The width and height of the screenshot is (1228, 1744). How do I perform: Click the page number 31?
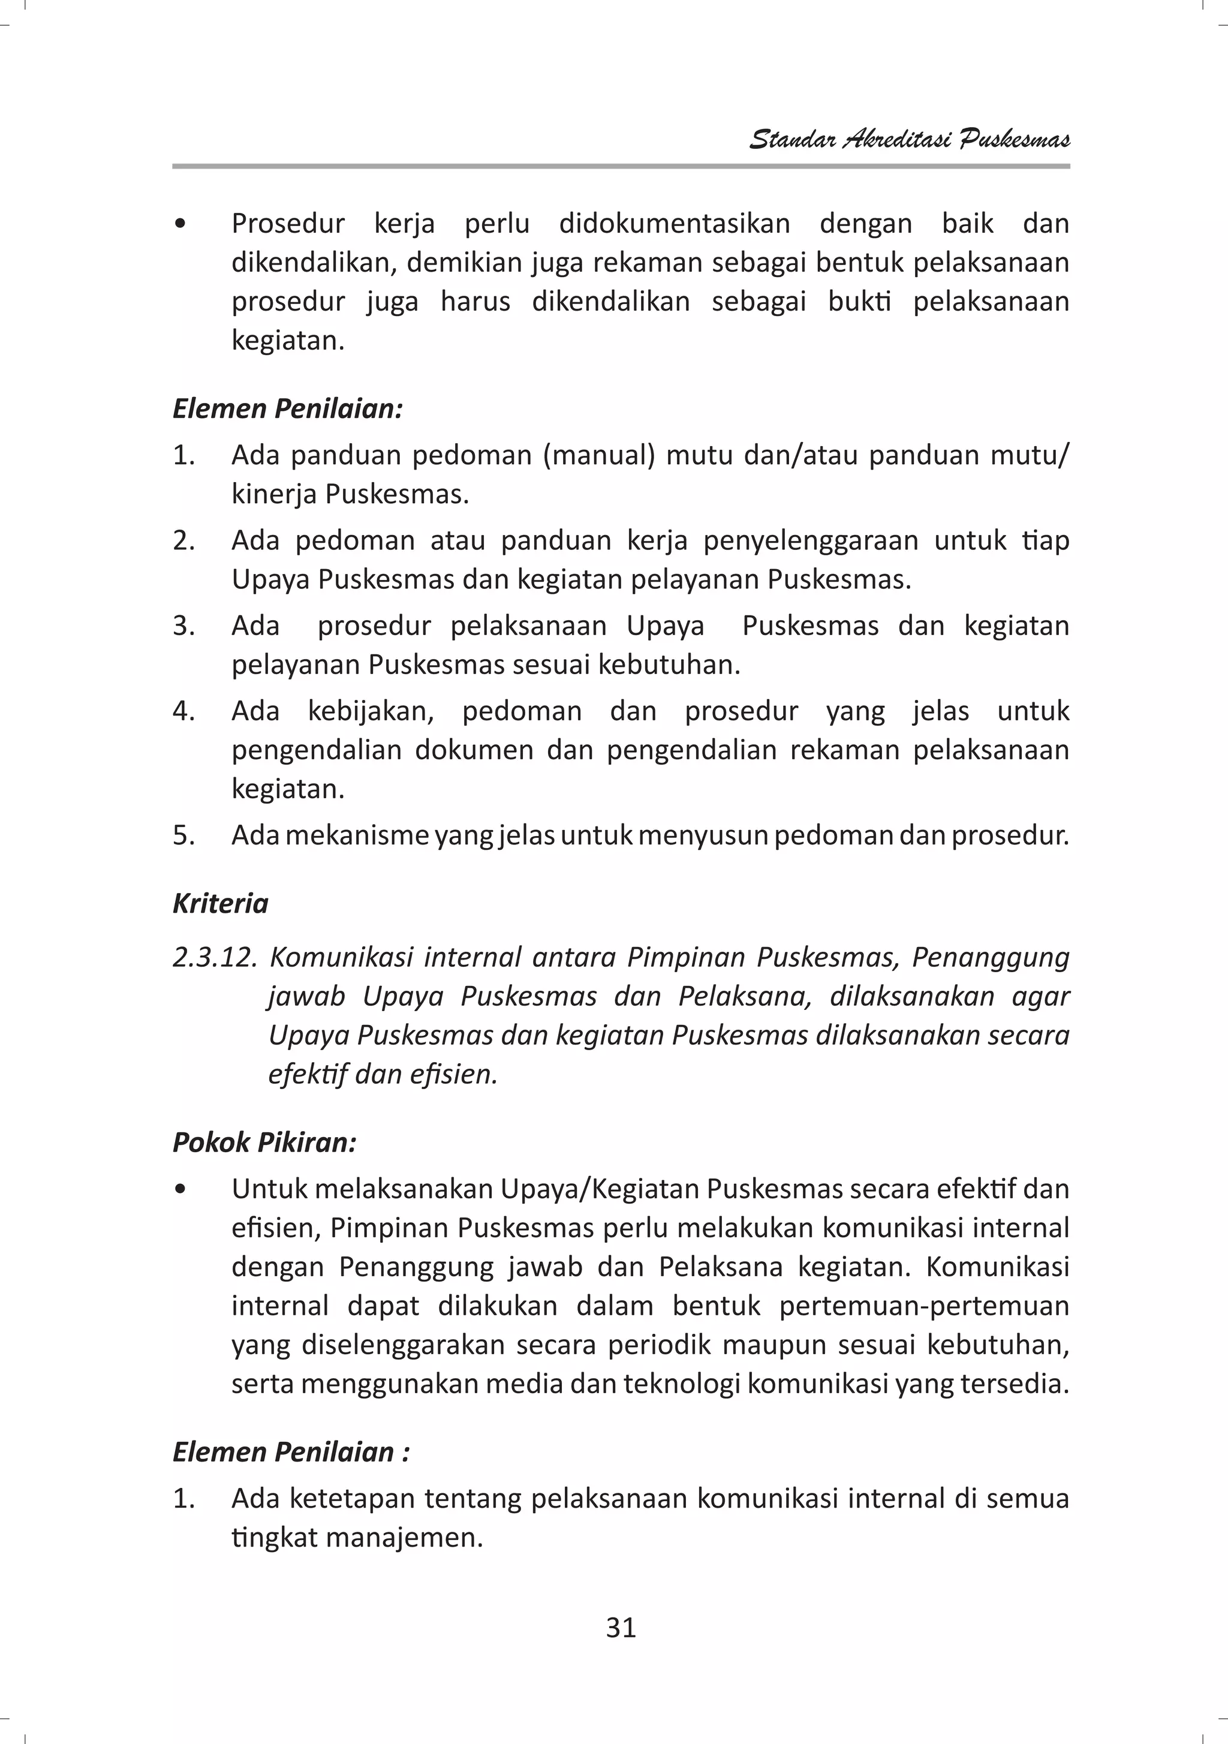621,1627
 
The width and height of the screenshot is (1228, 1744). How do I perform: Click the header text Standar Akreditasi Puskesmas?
909,139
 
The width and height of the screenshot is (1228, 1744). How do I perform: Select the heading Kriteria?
220,903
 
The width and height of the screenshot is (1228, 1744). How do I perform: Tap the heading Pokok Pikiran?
264,1142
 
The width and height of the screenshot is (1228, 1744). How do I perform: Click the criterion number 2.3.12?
215,957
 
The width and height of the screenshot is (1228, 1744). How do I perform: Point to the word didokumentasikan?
675,223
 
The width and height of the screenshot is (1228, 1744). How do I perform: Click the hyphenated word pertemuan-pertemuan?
924,1305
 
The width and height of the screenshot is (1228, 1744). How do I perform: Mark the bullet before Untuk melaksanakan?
179,1189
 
